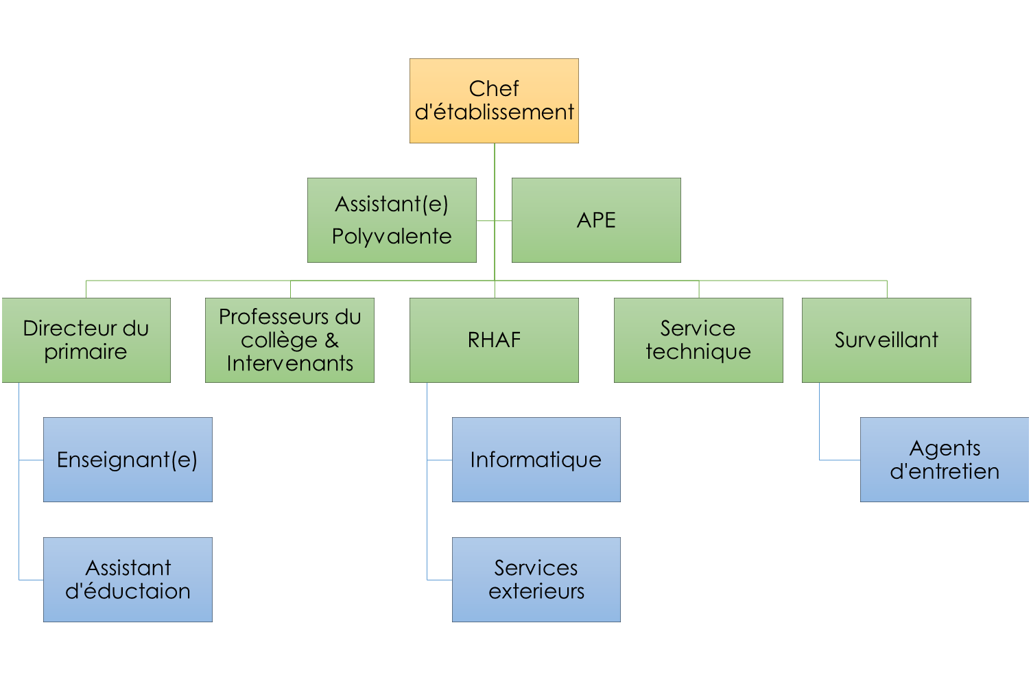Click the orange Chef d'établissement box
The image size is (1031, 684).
click(494, 101)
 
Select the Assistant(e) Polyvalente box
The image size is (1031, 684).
click(392, 220)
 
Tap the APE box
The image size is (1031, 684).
click(596, 220)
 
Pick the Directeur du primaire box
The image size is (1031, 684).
click(86, 340)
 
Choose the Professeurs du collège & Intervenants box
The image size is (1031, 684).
click(289, 340)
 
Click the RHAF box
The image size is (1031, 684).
click(494, 340)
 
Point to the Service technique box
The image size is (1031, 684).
click(698, 340)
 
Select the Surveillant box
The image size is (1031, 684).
click(886, 340)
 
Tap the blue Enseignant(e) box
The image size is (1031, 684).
click(128, 460)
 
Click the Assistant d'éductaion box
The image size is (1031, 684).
click(128, 580)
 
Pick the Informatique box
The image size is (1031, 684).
click(536, 460)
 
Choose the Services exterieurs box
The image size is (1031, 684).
click(536, 580)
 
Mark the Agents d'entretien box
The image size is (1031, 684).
click(945, 460)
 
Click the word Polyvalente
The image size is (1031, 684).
click(392, 237)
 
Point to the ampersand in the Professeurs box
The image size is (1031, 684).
click(332, 340)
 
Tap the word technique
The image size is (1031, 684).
click(698, 352)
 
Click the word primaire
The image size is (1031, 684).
click(86, 352)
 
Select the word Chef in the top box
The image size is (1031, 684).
click(494, 89)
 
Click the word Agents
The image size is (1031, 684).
click(945, 448)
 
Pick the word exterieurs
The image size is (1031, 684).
click(536, 591)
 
